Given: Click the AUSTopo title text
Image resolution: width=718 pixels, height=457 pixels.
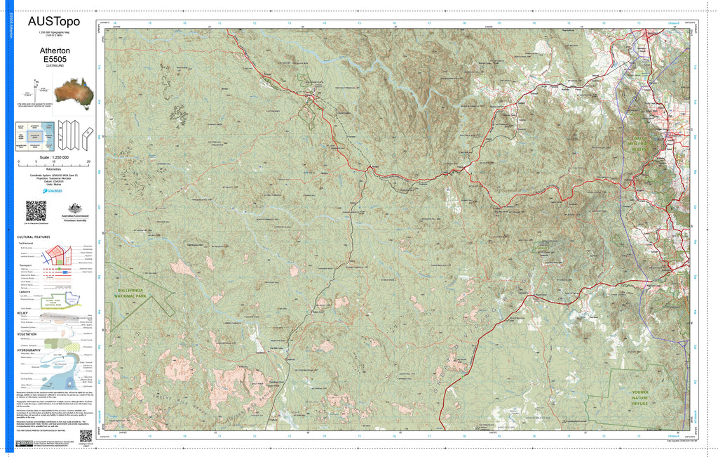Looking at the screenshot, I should pos(54,21).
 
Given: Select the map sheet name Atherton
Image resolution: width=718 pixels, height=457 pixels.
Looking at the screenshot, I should pos(54,51).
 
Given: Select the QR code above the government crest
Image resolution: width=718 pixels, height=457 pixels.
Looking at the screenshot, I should pos(36,211).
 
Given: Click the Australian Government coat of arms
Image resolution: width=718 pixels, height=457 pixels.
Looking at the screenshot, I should pos(73,209).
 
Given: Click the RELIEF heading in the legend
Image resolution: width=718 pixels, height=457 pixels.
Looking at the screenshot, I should pos(22,312).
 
